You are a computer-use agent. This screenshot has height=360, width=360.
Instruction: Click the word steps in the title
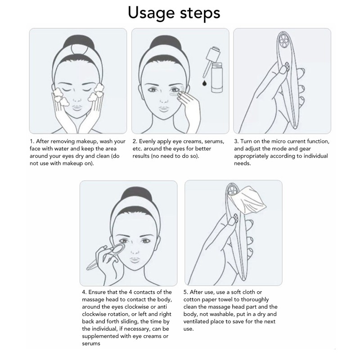pyautogui.click(x=200, y=13)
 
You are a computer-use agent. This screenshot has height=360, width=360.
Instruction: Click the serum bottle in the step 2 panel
pyautogui.click(x=217, y=77)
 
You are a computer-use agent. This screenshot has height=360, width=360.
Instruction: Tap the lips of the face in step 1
pyautogui.click(x=77, y=108)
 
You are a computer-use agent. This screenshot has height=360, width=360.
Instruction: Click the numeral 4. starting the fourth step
pyautogui.click(x=84, y=292)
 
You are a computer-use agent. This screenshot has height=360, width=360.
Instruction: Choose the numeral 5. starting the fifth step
pyautogui.click(x=186, y=292)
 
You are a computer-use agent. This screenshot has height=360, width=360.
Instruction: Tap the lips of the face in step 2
pyautogui.click(x=164, y=109)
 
